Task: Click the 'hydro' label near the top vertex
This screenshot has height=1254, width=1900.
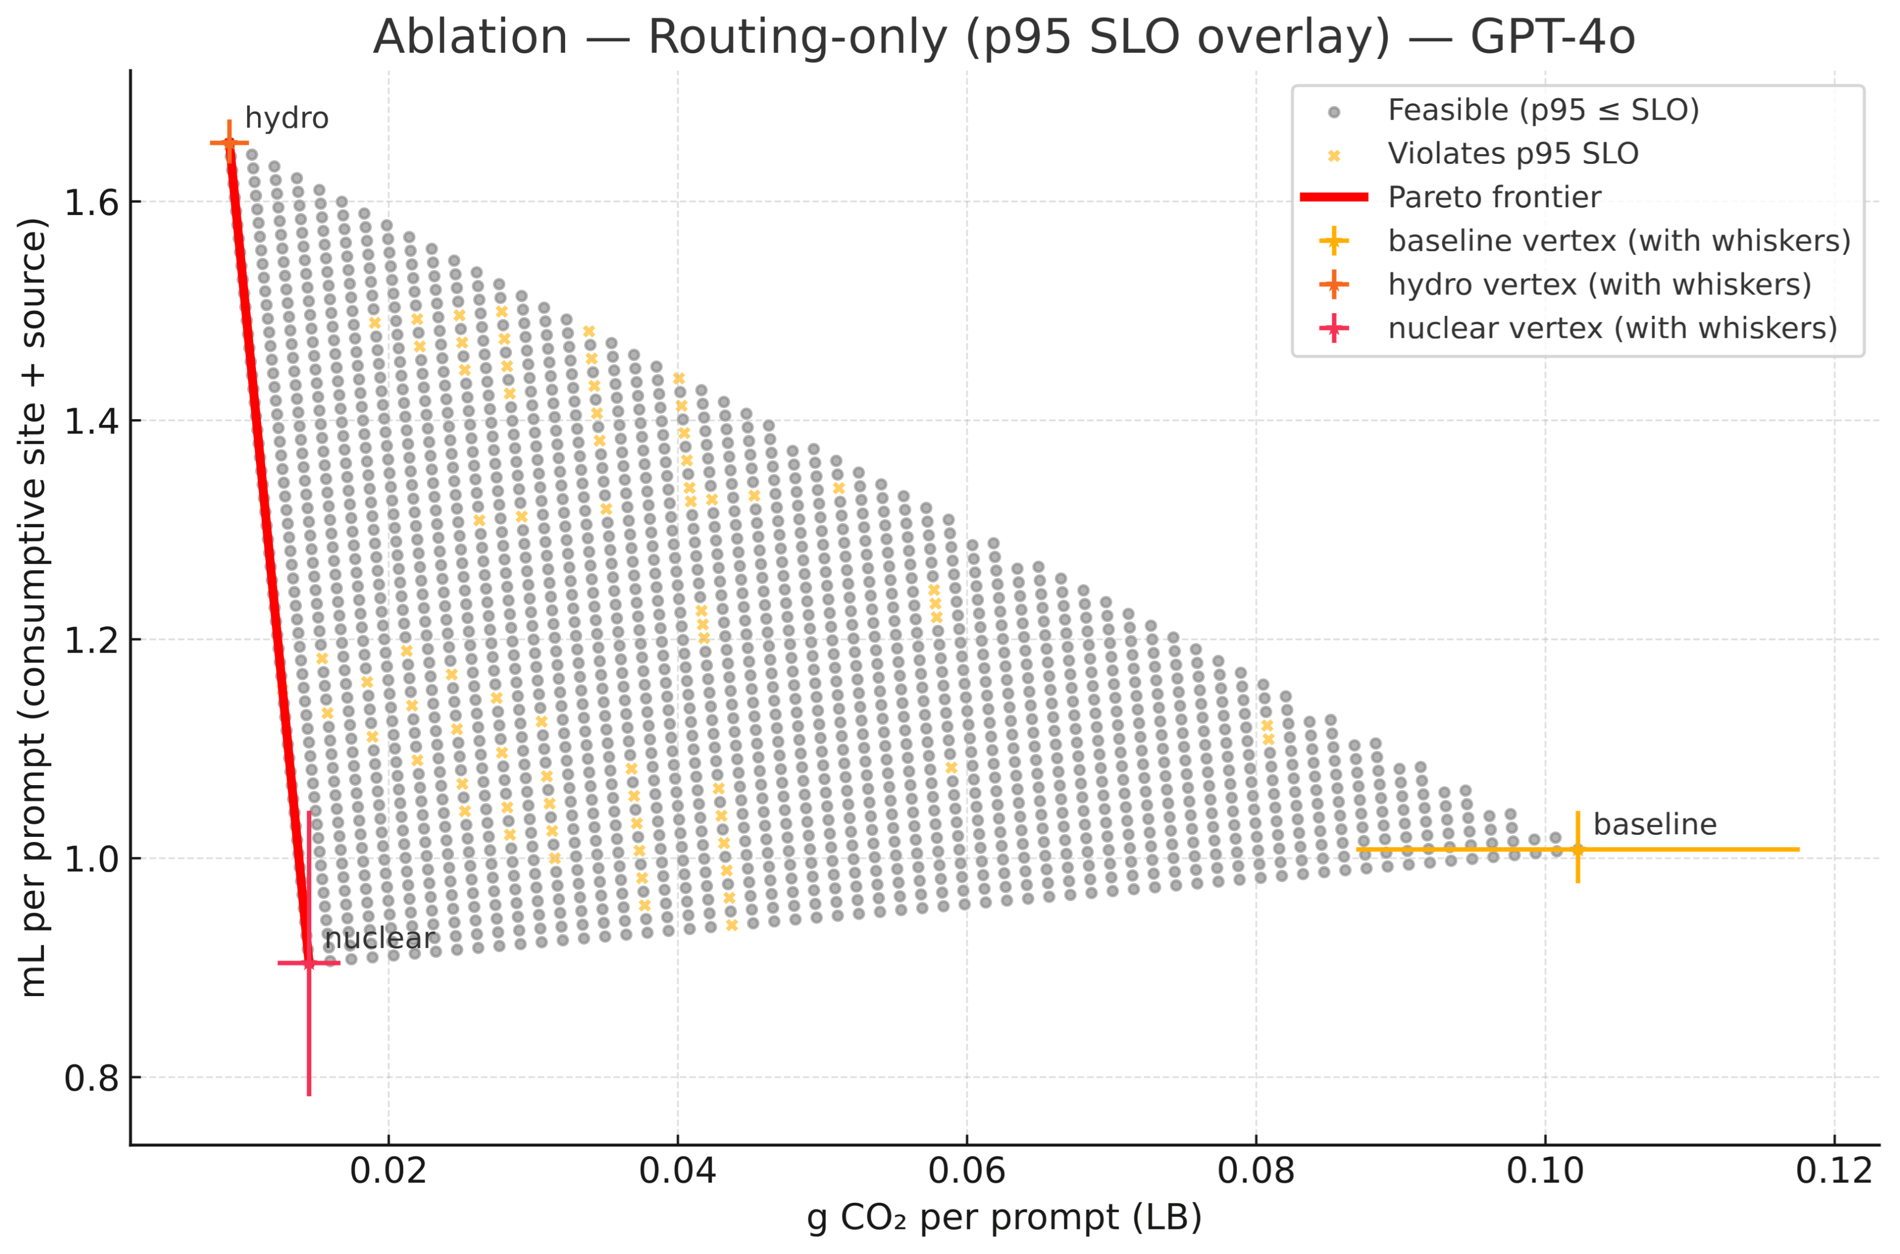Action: click(286, 119)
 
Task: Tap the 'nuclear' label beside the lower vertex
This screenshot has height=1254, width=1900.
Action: click(379, 938)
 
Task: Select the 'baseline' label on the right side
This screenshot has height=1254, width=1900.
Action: click(1655, 824)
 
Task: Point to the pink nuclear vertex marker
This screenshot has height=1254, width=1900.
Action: click(309, 963)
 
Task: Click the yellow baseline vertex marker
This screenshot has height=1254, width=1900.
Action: click(1578, 849)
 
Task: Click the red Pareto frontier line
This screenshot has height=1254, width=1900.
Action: click(268, 552)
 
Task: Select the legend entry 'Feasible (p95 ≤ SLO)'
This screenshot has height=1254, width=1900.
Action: click(1542, 110)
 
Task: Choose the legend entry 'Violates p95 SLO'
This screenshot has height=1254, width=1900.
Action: click(1512, 153)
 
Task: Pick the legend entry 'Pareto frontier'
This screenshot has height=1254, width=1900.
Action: click(1494, 197)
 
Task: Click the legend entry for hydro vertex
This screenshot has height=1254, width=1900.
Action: click(1599, 285)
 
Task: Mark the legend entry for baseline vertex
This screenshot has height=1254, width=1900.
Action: click(1618, 241)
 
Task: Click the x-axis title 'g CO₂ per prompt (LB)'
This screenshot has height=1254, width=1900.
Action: click(1004, 1218)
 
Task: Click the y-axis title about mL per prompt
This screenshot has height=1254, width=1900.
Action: click(33, 608)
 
